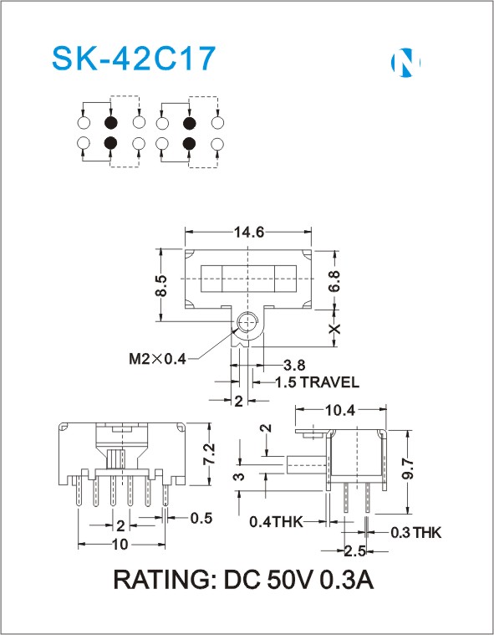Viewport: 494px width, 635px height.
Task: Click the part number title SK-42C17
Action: click(x=133, y=59)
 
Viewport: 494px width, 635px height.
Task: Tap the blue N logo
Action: click(x=405, y=63)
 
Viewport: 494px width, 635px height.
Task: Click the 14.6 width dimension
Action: click(x=249, y=232)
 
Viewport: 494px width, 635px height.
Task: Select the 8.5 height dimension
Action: click(x=161, y=285)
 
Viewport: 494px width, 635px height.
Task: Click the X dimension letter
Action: click(x=335, y=329)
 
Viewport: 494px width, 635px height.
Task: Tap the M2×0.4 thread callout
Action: click(x=157, y=358)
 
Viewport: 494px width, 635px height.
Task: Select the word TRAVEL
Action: click(x=328, y=382)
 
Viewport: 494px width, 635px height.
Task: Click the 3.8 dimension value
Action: click(x=294, y=365)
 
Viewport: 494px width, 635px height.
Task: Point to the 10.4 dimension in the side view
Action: click(x=340, y=410)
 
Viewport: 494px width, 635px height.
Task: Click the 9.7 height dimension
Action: click(x=409, y=469)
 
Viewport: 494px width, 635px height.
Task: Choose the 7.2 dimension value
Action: click(x=209, y=454)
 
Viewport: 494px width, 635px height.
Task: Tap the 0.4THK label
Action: click(x=276, y=521)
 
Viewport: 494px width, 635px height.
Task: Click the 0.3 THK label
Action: click(x=416, y=533)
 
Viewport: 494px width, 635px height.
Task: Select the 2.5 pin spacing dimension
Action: click(x=354, y=551)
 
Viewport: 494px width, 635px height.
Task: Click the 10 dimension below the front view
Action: click(x=120, y=545)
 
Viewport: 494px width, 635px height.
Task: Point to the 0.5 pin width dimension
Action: click(x=201, y=518)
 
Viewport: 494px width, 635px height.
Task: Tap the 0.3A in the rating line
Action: click(x=347, y=580)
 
